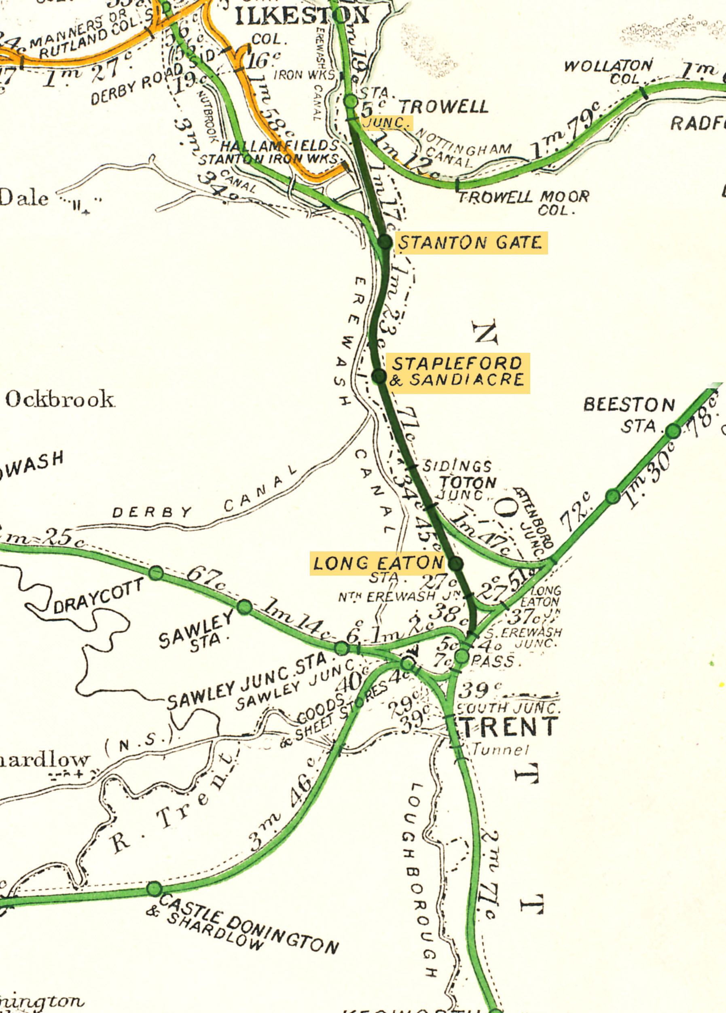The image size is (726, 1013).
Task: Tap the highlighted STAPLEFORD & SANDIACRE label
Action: click(x=457, y=372)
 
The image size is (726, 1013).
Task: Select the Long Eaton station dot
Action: click(x=455, y=563)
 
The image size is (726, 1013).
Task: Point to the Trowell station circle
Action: click(x=351, y=101)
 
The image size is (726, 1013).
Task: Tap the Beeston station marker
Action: click(x=673, y=431)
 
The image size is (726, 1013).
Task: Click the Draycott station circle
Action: click(x=156, y=572)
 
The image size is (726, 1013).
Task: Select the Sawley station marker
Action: click(x=244, y=607)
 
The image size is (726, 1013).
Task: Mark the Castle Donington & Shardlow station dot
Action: click(x=154, y=889)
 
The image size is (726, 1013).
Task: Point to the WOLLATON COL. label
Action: click(x=608, y=72)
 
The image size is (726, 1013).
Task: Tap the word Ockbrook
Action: click(x=59, y=399)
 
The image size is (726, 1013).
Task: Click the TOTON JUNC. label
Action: click(x=467, y=487)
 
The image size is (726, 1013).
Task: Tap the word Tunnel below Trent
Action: click(x=500, y=750)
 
